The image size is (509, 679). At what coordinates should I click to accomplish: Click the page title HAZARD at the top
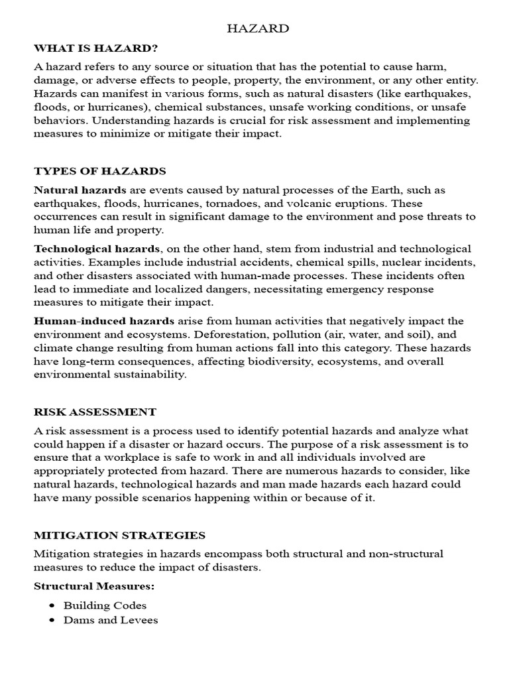[258, 29]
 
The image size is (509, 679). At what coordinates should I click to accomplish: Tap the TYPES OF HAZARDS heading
[100, 171]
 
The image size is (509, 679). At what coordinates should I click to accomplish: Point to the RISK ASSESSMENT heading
[95, 412]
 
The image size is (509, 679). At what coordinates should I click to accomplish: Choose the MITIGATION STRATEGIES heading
[119, 535]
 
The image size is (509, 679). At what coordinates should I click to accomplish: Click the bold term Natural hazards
[80, 190]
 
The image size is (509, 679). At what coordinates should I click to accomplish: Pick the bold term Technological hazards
[97, 249]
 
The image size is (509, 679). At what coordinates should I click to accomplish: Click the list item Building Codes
[105, 605]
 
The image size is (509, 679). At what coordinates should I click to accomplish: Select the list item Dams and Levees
[110, 620]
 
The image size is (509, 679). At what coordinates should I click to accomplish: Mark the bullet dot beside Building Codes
[52, 605]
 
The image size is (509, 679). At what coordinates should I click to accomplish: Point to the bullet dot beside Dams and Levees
[52, 620]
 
